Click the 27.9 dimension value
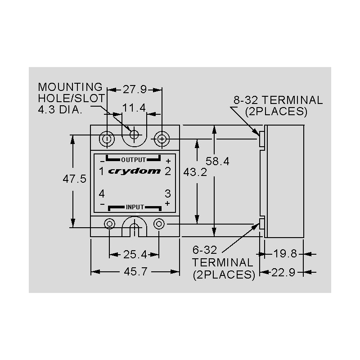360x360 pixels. (x=135, y=89)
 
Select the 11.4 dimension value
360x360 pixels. (x=134, y=108)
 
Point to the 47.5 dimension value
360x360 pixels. (x=75, y=179)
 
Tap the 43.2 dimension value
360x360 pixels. (x=195, y=172)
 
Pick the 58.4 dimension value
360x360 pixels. (x=217, y=161)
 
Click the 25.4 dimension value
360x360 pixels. (x=135, y=254)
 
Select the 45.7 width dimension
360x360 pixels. (x=135, y=272)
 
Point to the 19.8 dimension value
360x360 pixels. (x=285, y=254)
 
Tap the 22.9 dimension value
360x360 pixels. (x=283, y=273)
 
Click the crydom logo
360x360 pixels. (x=134, y=171)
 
